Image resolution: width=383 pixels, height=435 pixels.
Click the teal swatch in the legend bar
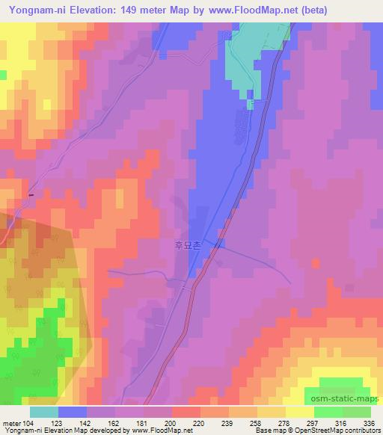[x=44, y=412]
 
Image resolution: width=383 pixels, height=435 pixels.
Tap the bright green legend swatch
[x=328, y=412]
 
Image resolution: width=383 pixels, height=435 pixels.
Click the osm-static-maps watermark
[x=347, y=400]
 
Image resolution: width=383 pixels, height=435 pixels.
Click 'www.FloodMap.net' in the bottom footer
[x=159, y=430]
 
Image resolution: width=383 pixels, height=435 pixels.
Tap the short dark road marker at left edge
[x=31, y=195]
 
